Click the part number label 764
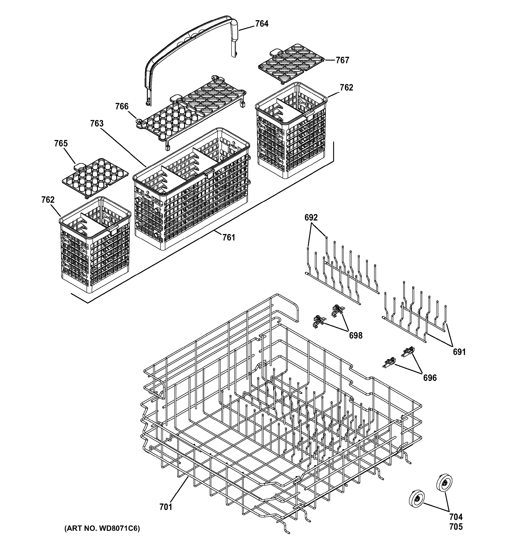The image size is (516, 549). point(261,24)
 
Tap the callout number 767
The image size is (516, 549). point(342,60)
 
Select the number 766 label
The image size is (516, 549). point(122,107)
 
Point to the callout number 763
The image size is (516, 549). point(97,124)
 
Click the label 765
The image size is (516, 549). point(61,144)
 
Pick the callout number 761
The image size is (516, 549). point(229,237)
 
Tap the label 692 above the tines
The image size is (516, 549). point(311,218)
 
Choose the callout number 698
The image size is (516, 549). point(356,336)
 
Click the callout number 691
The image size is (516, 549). point(459,352)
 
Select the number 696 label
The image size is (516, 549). point(430,378)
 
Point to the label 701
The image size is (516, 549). point(166,507)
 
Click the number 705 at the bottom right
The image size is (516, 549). point(456,527)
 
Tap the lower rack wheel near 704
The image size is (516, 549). point(416,499)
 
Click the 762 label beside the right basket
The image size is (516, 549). point(346,88)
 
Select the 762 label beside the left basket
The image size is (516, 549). point(48,200)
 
